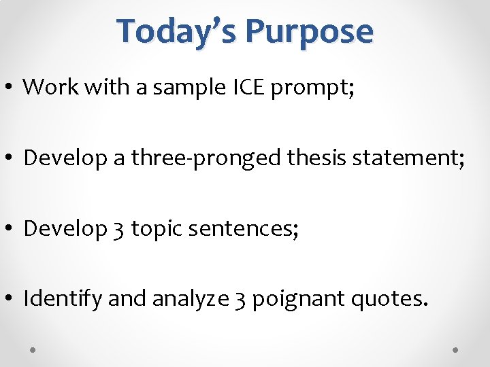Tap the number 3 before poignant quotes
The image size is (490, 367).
(241, 300)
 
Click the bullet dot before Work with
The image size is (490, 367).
(12, 87)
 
